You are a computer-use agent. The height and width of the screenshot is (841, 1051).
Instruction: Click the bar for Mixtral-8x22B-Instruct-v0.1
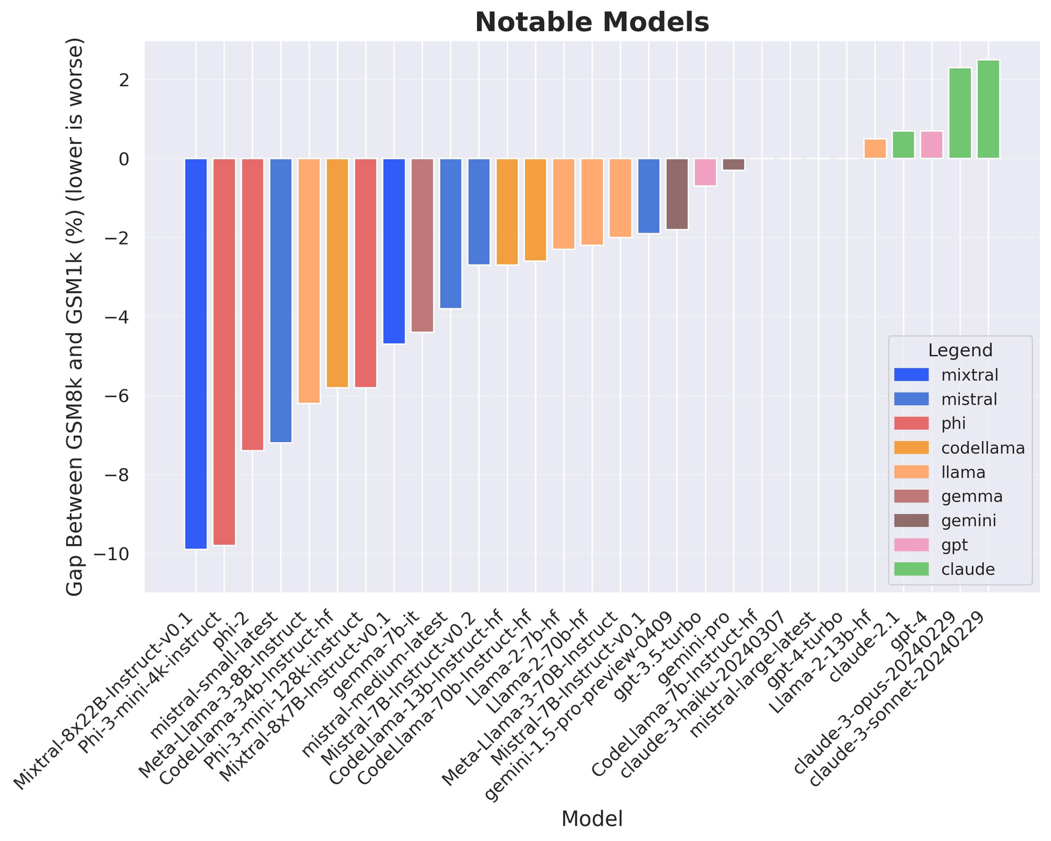(x=196, y=354)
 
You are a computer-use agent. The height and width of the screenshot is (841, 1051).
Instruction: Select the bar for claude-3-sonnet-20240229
(x=988, y=109)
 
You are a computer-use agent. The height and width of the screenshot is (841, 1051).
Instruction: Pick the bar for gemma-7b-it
(x=422, y=245)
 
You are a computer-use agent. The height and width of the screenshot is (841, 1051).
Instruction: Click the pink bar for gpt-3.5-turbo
(x=705, y=172)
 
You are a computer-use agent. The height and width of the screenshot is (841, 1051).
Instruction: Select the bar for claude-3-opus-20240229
(x=960, y=113)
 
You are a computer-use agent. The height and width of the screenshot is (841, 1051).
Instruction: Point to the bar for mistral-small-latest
(x=281, y=300)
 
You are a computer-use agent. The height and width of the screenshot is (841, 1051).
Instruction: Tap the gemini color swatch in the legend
(x=911, y=521)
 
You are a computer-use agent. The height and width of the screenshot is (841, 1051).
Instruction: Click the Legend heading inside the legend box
(x=960, y=350)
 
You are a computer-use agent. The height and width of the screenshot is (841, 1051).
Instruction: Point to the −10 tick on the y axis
(x=114, y=554)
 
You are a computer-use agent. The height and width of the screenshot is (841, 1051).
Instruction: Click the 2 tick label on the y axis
(x=124, y=80)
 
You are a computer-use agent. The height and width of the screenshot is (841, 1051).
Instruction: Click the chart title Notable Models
(x=592, y=23)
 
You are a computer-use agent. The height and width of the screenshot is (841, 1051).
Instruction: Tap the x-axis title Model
(x=592, y=819)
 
